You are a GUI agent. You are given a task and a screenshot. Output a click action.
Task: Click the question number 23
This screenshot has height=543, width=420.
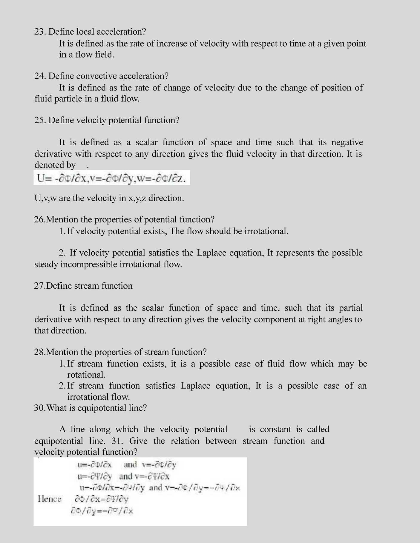click(x=40, y=32)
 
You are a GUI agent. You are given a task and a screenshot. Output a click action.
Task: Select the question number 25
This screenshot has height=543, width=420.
click(x=40, y=120)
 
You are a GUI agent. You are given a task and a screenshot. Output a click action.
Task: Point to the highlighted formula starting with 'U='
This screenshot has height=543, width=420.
click(x=111, y=179)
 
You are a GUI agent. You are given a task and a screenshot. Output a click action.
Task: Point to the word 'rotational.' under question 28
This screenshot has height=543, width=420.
click(x=86, y=375)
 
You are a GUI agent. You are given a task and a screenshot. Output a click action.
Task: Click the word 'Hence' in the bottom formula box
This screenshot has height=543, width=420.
click(x=50, y=499)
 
